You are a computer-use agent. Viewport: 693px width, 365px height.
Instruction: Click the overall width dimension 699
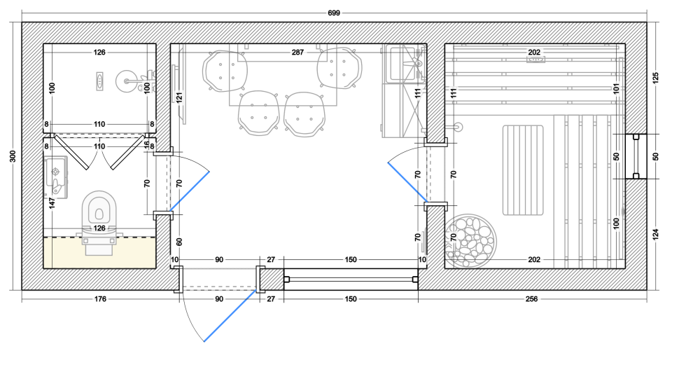334,13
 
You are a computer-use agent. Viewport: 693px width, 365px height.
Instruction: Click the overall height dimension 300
13,156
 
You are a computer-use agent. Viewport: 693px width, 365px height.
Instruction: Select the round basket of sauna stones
470,240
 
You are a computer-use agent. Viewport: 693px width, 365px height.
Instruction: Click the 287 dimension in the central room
297,53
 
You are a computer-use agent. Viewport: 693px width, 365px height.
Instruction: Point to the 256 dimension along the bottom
532,299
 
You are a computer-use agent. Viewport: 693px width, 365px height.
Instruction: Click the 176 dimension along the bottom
100,299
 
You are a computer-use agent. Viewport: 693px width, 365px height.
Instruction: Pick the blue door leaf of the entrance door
230,315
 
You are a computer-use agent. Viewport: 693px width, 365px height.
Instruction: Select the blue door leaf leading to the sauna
407,182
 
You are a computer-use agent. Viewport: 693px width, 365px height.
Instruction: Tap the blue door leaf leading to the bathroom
190,191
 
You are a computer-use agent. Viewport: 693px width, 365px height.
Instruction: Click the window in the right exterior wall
636,157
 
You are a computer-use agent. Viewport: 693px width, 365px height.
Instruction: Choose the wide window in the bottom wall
351,279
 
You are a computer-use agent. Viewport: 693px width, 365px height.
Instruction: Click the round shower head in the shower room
127,81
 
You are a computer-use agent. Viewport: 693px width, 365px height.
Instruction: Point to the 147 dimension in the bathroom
52,203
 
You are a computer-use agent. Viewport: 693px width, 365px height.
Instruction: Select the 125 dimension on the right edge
655,78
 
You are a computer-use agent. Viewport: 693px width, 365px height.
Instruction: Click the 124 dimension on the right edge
655,235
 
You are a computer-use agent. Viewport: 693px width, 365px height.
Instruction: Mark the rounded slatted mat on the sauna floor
523,170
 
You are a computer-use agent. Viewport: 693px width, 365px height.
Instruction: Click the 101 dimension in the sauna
617,89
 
